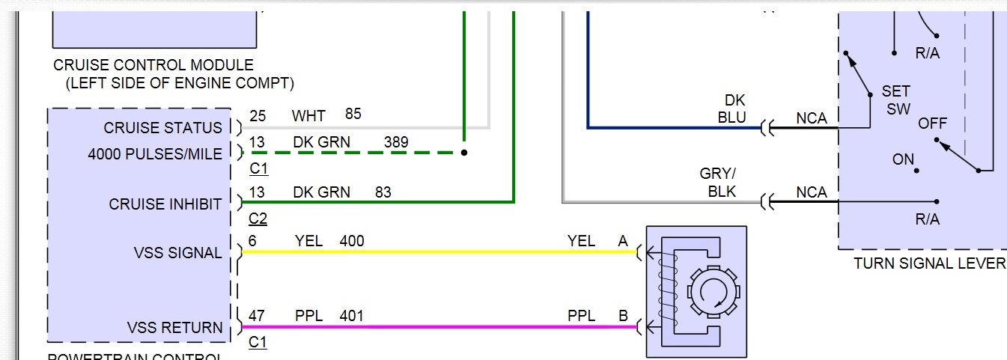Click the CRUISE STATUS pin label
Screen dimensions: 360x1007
(x=163, y=128)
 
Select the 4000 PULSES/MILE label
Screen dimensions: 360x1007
(x=155, y=154)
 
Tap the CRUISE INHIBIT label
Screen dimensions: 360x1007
(x=165, y=204)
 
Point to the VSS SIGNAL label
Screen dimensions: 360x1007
(x=178, y=253)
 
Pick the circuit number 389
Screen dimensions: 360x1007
(x=396, y=142)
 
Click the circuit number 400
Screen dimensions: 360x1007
(x=352, y=241)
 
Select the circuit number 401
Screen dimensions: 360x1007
(x=352, y=316)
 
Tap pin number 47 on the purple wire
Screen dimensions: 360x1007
(x=258, y=316)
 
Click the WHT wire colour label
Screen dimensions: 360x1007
(x=308, y=116)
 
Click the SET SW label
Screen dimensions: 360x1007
(x=896, y=100)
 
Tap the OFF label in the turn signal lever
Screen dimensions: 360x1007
(x=933, y=123)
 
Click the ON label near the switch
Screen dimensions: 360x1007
(x=904, y=159)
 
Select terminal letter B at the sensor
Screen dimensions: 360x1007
(x=623, y=316)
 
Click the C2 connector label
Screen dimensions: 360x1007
(x=258, y=219)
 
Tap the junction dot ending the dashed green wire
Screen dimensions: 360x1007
(x=464, y=152)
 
